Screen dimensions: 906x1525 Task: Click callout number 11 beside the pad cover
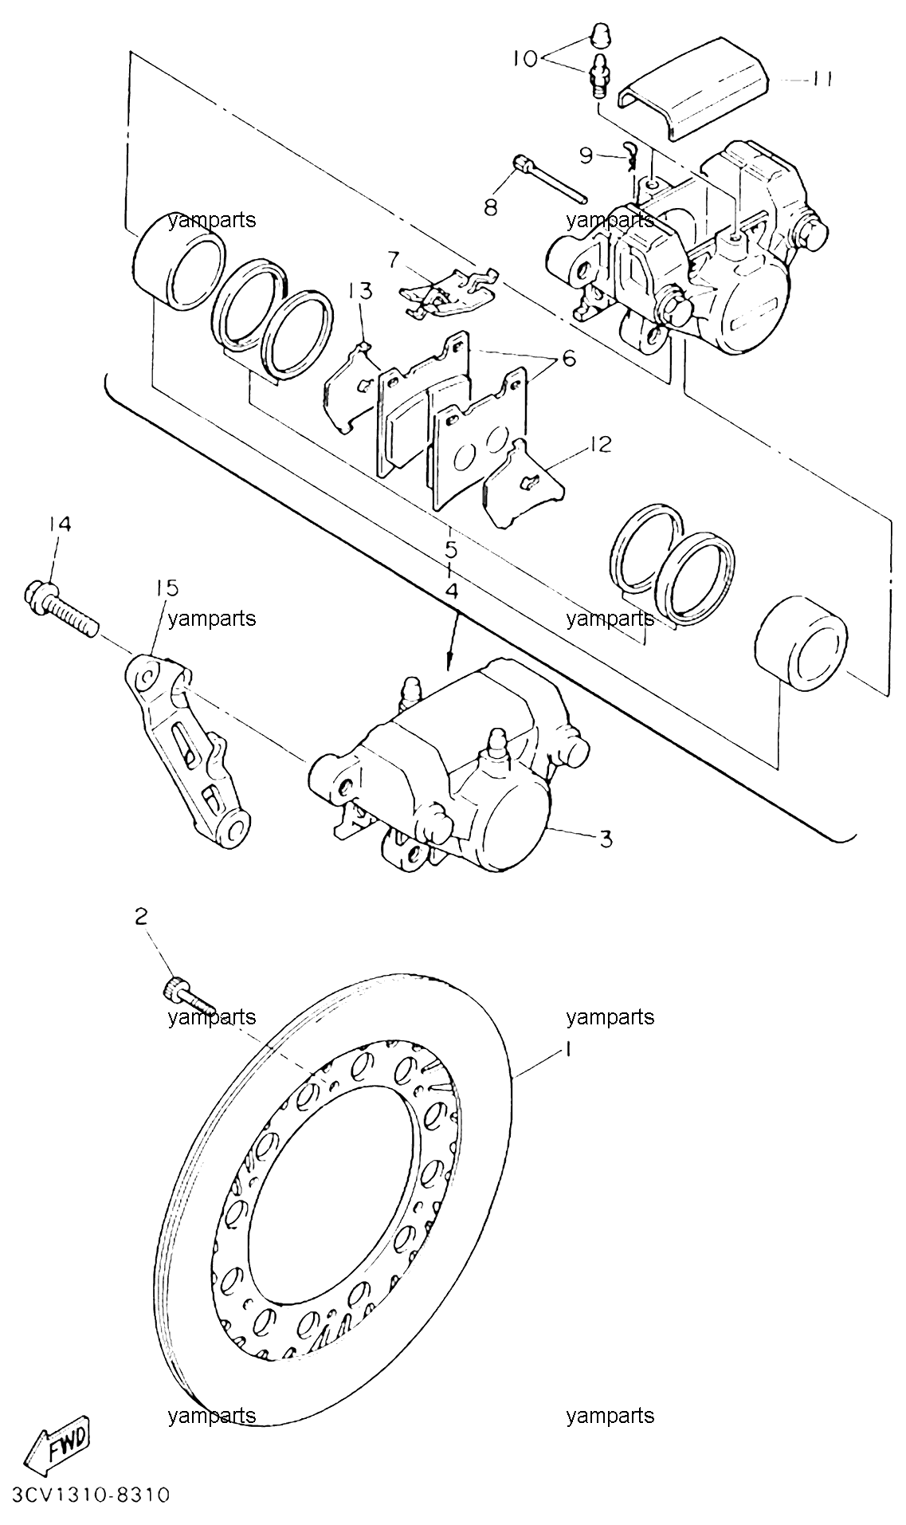tap(822, 80)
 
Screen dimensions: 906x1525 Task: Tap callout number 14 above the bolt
tap(61, 525)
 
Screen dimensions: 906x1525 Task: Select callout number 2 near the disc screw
tap(141, 918)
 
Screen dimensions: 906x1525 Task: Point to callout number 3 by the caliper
tap(606, 839)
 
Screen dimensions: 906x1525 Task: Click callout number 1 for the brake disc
tap(569, 1050)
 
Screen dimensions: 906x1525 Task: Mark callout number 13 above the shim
tap(360, 290)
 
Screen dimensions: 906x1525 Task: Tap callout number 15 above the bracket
tap(167, 588)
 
